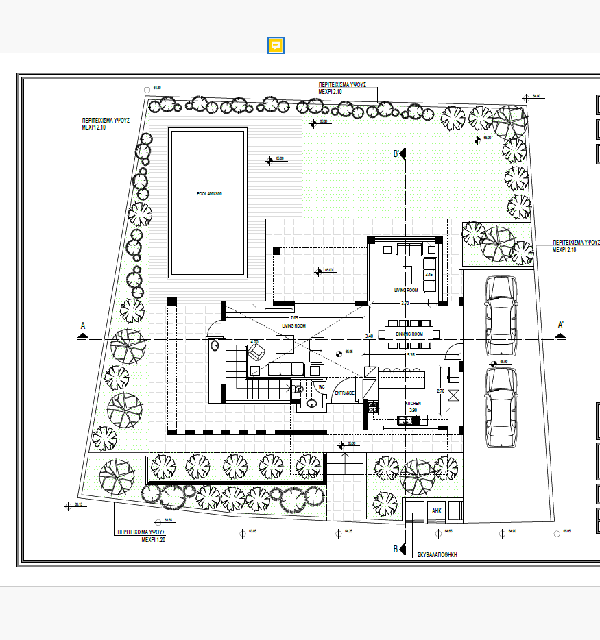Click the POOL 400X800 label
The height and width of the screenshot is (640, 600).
pyautogui.click(x=209, y=194)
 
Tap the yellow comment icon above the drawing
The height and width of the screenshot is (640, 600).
pyautogui.click(x=276, y=46)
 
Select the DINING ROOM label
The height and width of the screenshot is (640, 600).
pyautogui.click(x=409, y=334)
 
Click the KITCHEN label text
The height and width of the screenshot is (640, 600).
pyautogui.click(x=413, y=404)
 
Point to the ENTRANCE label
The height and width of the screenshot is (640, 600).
pyautogui.click(x=344, y=393)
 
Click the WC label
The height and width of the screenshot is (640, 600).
pyautogui.click(x=320, y=386)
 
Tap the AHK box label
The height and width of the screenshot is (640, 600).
pyautogui.click(x=437, y=510)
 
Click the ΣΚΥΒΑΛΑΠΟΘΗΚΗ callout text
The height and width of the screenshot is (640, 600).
pyautogui.click(x=437, y=555)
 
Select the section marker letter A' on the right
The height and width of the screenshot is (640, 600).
pyautogui.click(x=561, y=325)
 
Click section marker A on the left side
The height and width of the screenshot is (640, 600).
pyautogui.click(x=83, y=325)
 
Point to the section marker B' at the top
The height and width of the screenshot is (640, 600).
pyautogui.click(x=396, y=154)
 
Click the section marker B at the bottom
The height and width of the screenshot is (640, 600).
pyautogui.click(x=396, y=549)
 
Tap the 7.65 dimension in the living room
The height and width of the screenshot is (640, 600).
pyautogui.click(x=294, y=318)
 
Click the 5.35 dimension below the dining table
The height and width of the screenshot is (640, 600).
pyautogui.click(x=411, y=355)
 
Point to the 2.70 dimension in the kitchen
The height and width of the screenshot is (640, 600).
pyautogui.click(x=441, y=391)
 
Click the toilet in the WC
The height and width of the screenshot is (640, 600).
pyautogui.click(x=298, y=389)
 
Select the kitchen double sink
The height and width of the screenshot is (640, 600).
pyautogui.click(x=409, y=419)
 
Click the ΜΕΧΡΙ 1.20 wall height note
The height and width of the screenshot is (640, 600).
pyautogui.click(x=154, y=540)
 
